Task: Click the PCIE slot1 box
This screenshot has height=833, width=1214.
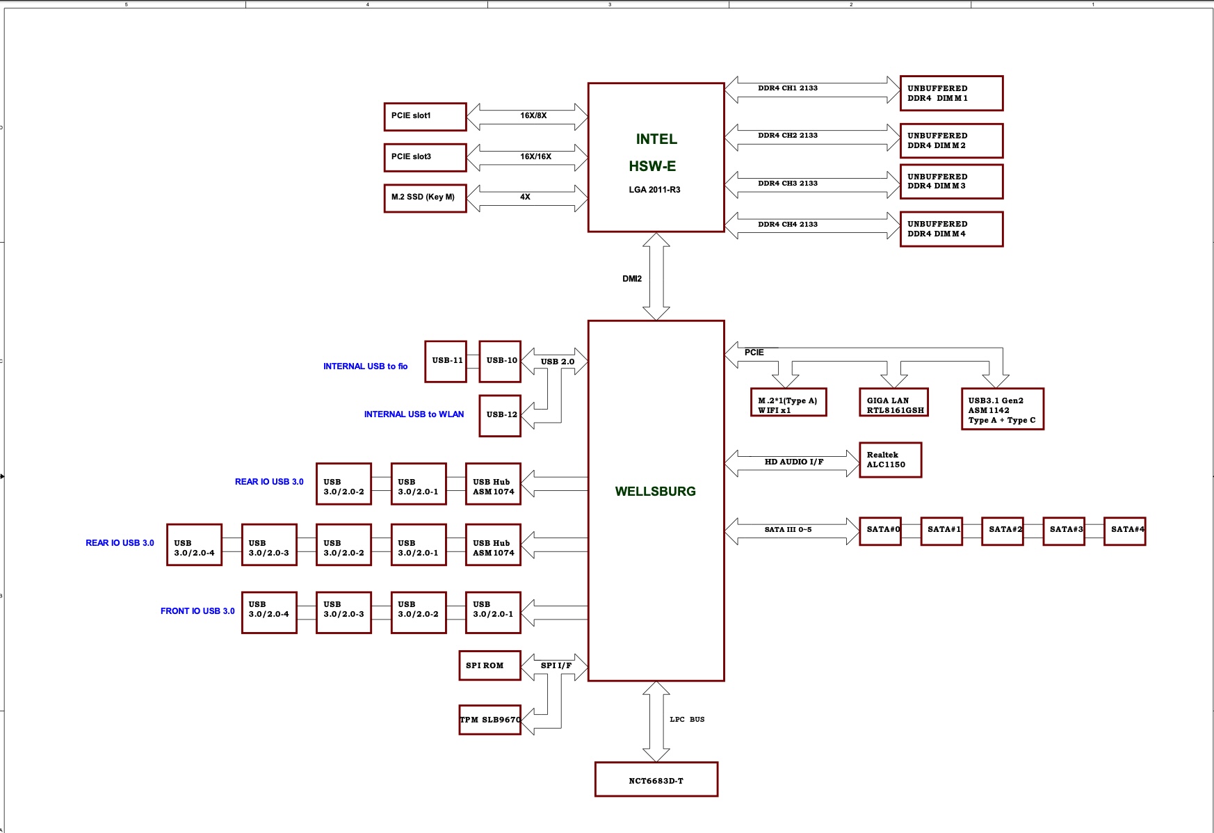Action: [425, 116]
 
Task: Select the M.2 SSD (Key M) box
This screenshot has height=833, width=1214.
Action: [425, 197]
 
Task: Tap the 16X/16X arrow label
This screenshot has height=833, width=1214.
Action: [535, 156]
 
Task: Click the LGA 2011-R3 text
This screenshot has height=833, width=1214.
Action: [654, 190]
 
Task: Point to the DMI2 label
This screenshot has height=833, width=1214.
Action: [631, 279]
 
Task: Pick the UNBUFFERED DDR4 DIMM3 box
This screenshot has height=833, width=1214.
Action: [951, 181]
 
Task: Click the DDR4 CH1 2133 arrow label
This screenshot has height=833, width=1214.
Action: [787, 88]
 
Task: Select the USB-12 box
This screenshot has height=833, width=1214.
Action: [500, 415]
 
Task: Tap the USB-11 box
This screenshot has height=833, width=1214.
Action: [445, 361]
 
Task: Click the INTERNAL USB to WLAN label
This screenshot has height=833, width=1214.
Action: [414, 414]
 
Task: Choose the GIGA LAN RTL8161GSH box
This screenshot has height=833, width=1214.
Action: [893, 403]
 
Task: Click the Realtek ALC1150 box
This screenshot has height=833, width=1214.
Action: [890, 460]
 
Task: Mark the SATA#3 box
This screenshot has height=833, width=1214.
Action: [1064, 531]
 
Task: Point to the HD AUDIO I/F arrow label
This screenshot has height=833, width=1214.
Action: [793, 462]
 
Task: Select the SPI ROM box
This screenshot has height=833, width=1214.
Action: [489, 665]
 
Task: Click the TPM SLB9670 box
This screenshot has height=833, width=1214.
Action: [489, 720]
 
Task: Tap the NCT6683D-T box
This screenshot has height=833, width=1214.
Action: [656, 780]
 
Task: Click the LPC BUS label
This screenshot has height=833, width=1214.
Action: [687, 720]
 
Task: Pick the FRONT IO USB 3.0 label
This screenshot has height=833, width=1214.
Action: [197, 611]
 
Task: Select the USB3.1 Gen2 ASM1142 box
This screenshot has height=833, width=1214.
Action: [1002, 410]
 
